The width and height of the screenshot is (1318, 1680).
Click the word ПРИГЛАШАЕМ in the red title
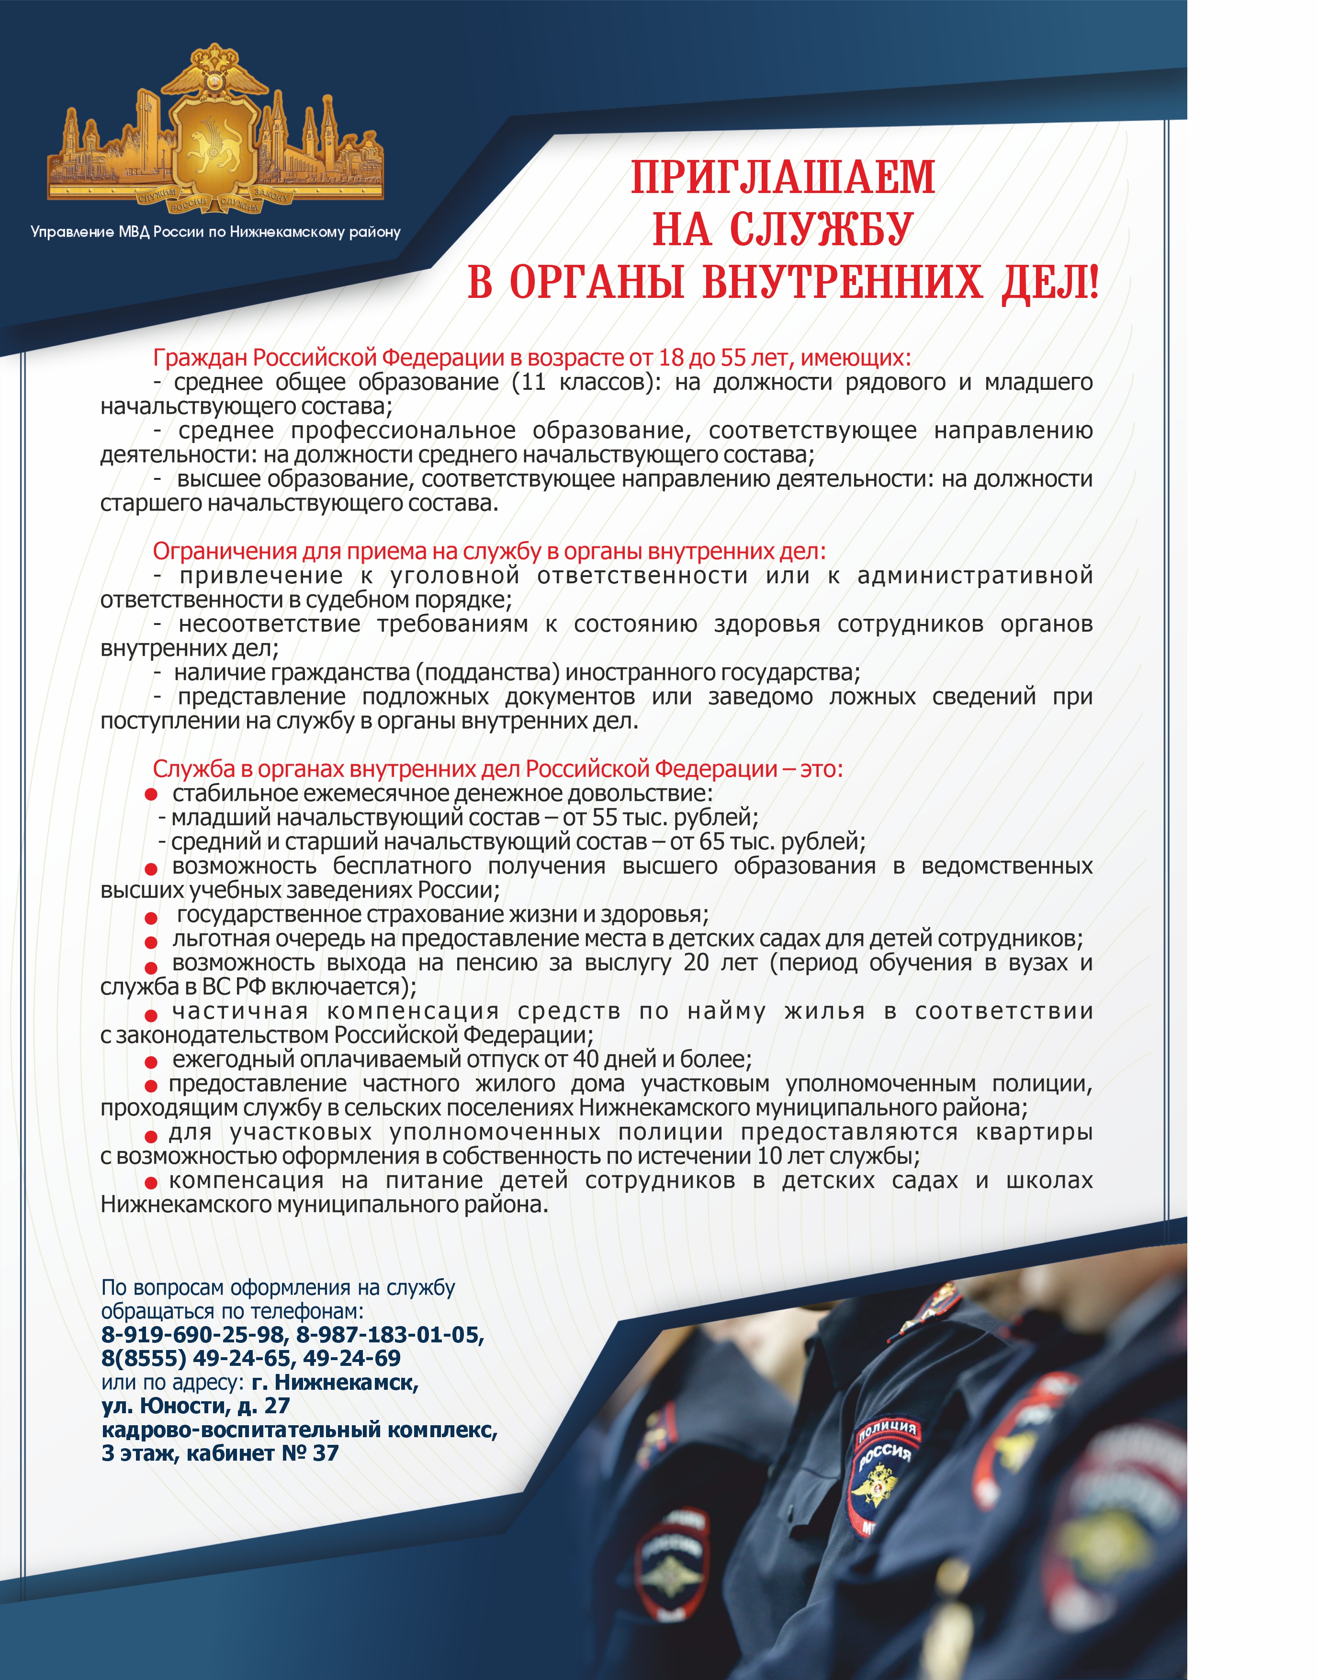click(782, 178)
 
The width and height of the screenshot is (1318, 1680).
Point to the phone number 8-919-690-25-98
click(193, 1334)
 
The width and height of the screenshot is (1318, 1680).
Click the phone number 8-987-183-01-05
click(390, 1334)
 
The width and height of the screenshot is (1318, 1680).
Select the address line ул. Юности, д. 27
click(195, 1405)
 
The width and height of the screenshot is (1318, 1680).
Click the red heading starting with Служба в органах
click(498, 769)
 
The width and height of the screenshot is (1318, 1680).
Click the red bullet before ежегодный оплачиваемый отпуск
click(151, 1061)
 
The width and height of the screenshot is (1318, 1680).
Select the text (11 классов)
click(586, 382)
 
